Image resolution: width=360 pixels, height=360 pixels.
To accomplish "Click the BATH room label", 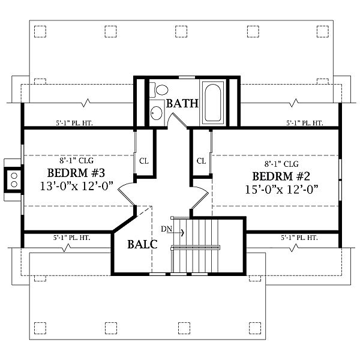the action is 182,104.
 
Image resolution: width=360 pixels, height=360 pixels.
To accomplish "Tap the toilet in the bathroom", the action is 159,90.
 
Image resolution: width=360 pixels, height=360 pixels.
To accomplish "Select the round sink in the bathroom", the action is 157,113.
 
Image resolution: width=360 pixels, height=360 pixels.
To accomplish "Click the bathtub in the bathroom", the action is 213,103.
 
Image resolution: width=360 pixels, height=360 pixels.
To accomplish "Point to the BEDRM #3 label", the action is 76,173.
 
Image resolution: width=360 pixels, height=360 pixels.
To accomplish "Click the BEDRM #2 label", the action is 281,176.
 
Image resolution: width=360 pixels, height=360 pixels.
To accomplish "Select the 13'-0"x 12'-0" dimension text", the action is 77,186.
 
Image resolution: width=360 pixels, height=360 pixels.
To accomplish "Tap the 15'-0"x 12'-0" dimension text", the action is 282,190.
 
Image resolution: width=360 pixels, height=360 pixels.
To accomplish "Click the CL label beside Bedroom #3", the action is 144,161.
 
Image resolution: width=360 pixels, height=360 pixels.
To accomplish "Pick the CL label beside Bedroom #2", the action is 202,161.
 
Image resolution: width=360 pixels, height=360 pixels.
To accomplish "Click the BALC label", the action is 142,244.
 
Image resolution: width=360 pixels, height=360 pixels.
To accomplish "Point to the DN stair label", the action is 166,229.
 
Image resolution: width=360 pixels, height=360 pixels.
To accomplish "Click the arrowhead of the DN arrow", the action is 183,233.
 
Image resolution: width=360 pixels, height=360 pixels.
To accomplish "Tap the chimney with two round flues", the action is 14,180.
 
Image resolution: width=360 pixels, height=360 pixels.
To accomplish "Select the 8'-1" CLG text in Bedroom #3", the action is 76,161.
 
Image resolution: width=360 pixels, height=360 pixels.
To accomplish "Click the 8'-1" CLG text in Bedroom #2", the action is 281,164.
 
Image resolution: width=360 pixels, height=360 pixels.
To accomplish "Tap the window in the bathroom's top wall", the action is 187,77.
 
